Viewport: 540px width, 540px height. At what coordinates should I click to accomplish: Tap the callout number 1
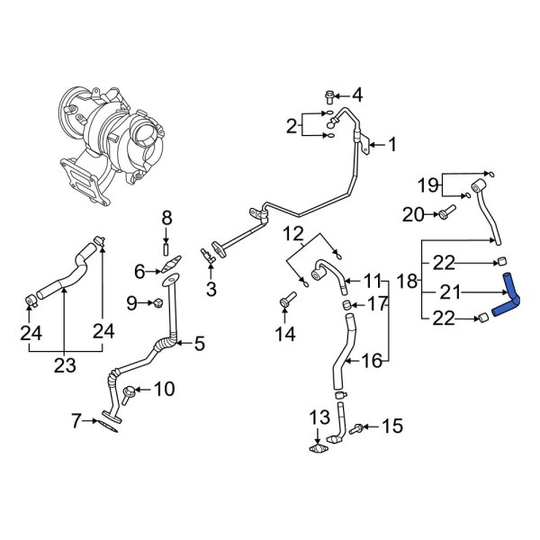coord(391,144)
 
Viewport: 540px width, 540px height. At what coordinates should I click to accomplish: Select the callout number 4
coord(356,94)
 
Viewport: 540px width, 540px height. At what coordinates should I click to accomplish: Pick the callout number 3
coord(211,289)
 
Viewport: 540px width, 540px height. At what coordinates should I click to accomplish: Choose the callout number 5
coord(199,342)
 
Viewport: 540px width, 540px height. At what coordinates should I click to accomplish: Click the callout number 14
coord(285,336)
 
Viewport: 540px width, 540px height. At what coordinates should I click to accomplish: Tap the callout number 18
coord(408,282)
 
